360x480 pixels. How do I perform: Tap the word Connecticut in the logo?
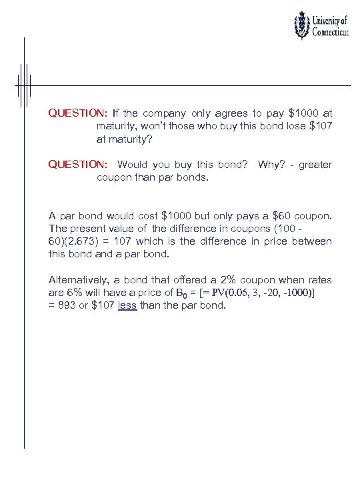(331, 34)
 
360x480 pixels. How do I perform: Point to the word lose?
(289, 126)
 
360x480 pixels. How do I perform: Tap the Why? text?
(271, 165)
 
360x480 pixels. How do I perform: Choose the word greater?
(315, 165)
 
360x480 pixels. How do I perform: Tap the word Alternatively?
(77, 280)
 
